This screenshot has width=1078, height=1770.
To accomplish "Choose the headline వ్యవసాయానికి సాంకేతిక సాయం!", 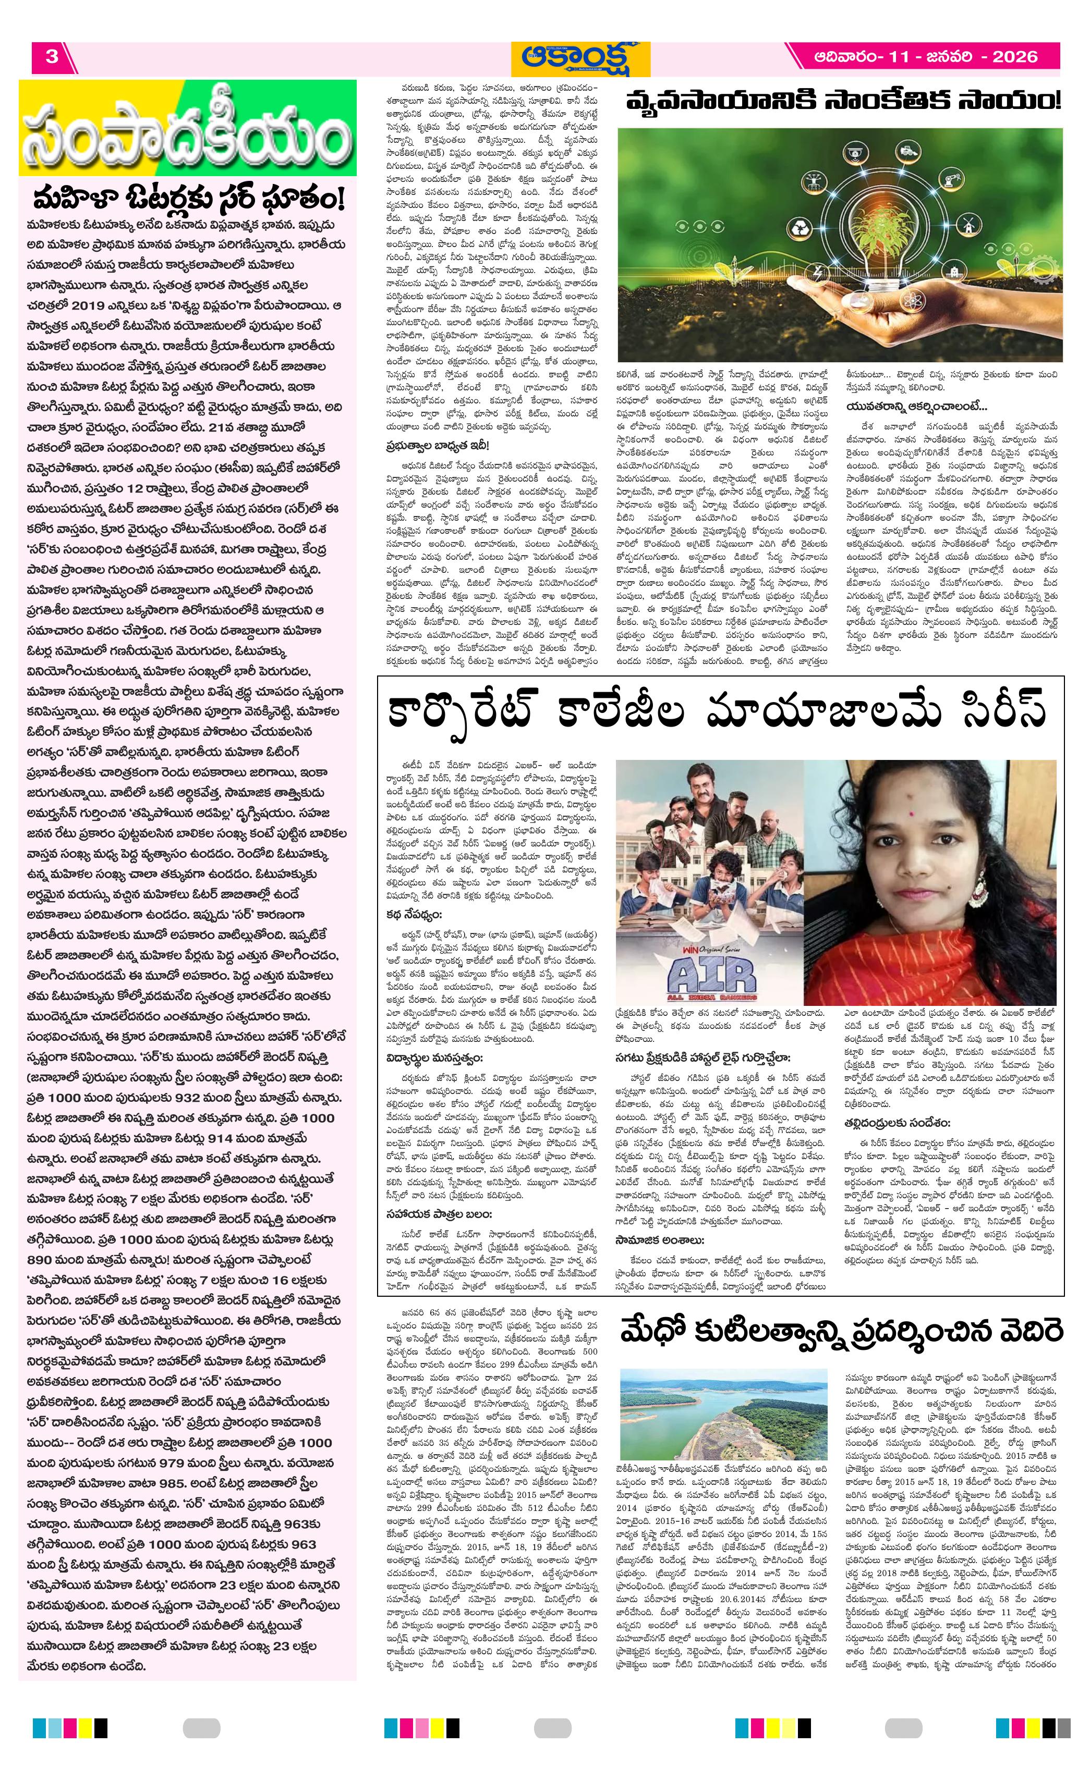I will tap(842, 101).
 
